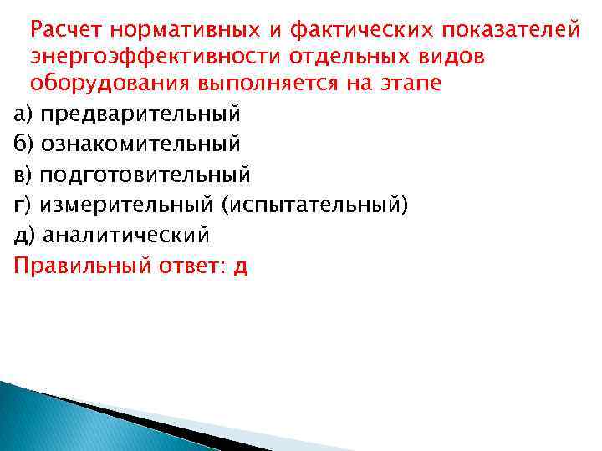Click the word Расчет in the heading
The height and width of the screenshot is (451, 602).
tap(66, 30)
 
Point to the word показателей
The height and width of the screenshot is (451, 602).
tap(510, 30)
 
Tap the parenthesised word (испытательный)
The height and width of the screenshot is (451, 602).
tap(315, 205)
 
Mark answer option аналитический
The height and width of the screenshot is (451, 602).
tap(126, 236)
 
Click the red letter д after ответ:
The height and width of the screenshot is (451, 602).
tap(242, 268)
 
